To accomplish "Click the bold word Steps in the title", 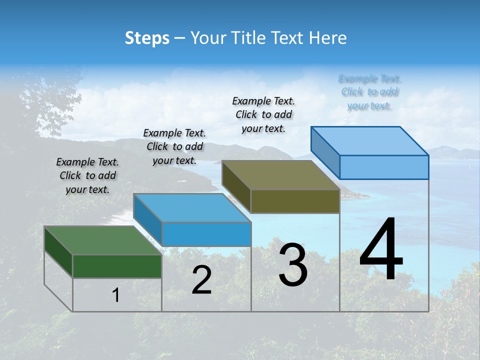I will pos(147,38).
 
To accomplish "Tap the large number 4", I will pos(381,250).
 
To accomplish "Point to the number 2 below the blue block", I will pos(202,280).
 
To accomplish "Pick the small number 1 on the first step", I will pos(116,295).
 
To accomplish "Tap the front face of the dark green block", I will pos(117,266).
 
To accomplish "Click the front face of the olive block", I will pos(295,201).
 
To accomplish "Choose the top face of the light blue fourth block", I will pos(370,140).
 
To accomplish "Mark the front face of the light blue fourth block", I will pos(384,167).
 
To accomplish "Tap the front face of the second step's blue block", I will pos(206,234).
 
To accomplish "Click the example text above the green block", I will pos(87,175).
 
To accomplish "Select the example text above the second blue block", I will pos(174,146).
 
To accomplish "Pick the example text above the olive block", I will pos(263,114).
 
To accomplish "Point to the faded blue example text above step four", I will pos(369,92).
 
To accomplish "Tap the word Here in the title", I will pos(327,38).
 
